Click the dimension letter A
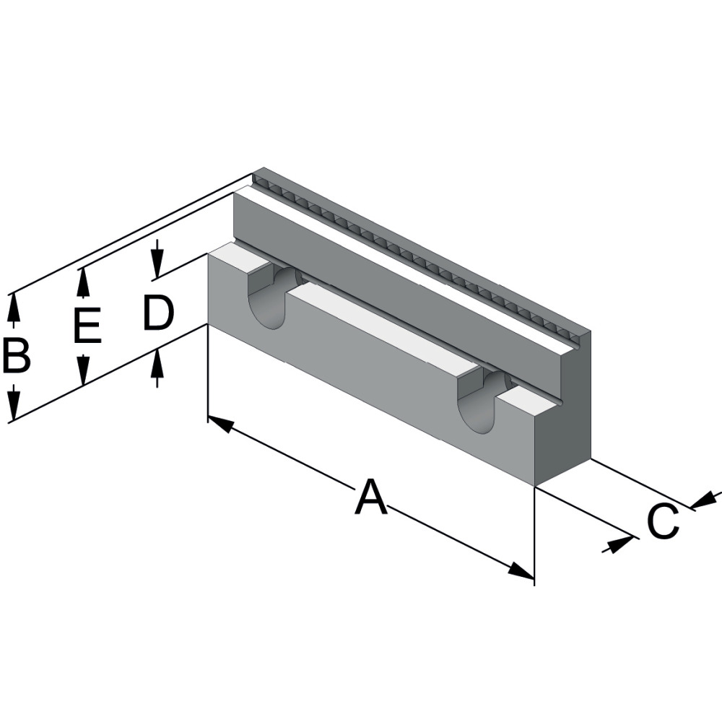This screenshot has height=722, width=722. click(x=370, y=497)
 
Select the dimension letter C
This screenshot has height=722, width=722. click(x=663, y=521)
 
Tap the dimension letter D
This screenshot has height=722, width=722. click(x=158, y=314)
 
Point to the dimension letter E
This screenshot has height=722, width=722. click(x=87, y=326)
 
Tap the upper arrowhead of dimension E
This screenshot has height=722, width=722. click(x=84, y=282)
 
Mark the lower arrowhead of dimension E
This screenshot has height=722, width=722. click(x=84, y=371)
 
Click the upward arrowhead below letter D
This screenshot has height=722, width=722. click(x=157, y=365)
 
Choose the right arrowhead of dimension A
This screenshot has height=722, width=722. click(x=521, y=570)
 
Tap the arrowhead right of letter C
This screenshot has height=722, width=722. click(x=705, y=499)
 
